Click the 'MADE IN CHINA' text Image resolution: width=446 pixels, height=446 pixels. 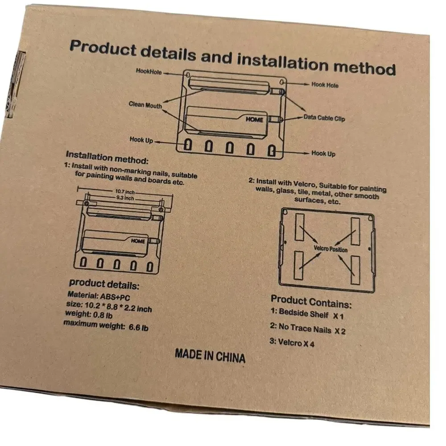click(210, 356)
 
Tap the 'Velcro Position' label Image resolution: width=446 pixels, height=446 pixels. click(330, 249)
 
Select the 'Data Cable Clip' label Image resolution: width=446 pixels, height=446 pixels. click(324, 118)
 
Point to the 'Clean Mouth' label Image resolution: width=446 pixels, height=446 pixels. click(145, 105)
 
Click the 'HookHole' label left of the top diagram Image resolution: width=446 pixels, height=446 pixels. click(149, 71)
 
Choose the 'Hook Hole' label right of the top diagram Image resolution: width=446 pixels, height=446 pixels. click(325, 85)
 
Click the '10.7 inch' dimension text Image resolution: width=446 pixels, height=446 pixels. click(125, 192)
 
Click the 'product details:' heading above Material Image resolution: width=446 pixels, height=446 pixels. click(104, 284)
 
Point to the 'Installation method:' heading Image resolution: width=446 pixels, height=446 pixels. click(107, 157)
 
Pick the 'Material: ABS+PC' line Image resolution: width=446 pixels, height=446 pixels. click(99, 296)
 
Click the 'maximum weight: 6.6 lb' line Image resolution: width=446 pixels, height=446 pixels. click(106, 326)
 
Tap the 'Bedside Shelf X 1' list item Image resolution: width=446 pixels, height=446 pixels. click(307, 314)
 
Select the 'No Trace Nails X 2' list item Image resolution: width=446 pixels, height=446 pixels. click(308, 329)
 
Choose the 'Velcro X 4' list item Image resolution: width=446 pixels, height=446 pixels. click(292, 342)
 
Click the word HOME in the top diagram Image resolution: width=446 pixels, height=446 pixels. click(254, 120)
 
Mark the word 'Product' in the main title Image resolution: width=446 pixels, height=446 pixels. click(103, 48)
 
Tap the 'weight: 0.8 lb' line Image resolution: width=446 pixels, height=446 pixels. click(89, 314)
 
